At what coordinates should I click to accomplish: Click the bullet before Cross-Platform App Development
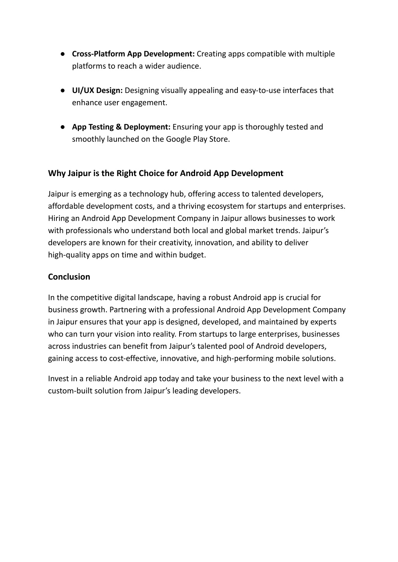click(62, 54)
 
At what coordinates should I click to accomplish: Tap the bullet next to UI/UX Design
click(62, 91)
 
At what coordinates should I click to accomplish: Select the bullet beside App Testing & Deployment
click(62, 127)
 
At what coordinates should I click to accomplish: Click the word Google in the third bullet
click(178, 139)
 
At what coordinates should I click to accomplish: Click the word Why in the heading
click(57, 173)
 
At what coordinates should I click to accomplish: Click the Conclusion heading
click(69, 277)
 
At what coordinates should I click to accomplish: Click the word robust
click(220, 298)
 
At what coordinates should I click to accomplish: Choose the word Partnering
click(127, 310)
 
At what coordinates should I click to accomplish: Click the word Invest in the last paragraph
click(58, 379)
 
